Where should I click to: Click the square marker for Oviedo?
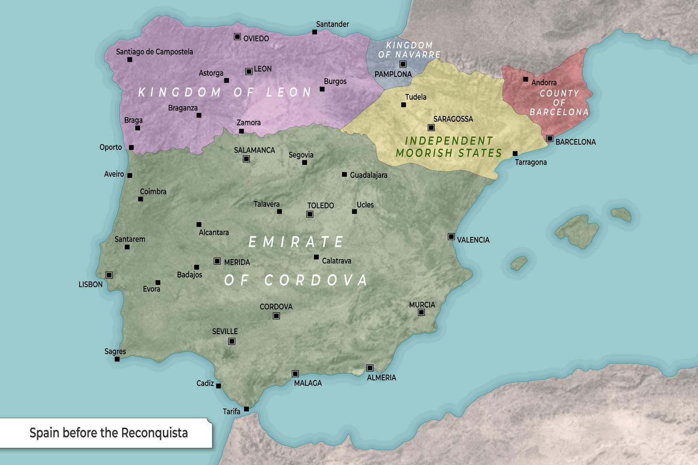click(x=237, y=37)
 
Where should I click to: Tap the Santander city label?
click(x=332, y=24)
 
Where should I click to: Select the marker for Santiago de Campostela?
click(x=130, y=59)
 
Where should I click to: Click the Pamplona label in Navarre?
click(x=393, y=74)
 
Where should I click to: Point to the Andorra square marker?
click(x=526, y=79)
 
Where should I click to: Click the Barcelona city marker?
click(x=550, y=139)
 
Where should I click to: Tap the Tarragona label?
click(x=530, y=162)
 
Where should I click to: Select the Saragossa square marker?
click(x=431, y=128)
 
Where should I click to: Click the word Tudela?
click(x=415, y=97)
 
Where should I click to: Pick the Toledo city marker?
click(x=310, y=214)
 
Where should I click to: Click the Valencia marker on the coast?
click(x=451, y=237)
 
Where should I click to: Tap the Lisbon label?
click(x=90, y=284)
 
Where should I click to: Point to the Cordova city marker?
click(x=276, y=316)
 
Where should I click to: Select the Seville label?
click(x=225, y=332)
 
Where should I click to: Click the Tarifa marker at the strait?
click(x=246, y=409)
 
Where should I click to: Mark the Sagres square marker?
click(x=117, y=359)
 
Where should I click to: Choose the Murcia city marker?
click(x=421, y=312)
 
